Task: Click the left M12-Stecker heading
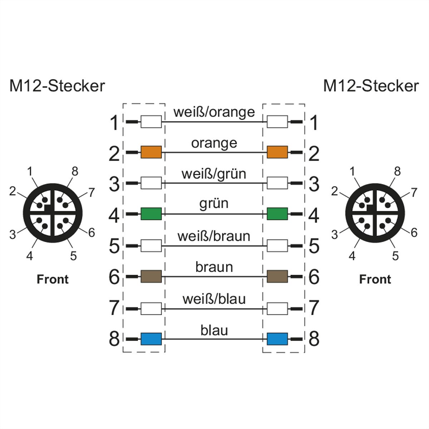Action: [57, 86]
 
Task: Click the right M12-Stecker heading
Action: [371, 86]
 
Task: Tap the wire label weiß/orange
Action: [214, 112]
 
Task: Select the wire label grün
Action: [214, 204]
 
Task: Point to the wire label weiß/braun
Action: [214, 236]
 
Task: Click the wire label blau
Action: [214, 330]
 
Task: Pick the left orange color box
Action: [151, 152]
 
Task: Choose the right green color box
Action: [277, 214]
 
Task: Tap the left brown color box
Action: [151, 276]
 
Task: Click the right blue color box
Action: [277, 339]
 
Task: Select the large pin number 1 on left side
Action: [114, 123]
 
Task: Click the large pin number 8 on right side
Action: [314, 339]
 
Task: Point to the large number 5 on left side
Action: [114, 246]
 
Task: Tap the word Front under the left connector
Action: [53, 279]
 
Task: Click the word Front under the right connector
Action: [375, 279]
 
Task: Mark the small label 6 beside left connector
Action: [92, 233]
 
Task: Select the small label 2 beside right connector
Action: [334, 192]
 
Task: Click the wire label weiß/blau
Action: [214, 299]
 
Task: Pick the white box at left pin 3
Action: [151, 183]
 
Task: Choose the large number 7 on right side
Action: [314, 307]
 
